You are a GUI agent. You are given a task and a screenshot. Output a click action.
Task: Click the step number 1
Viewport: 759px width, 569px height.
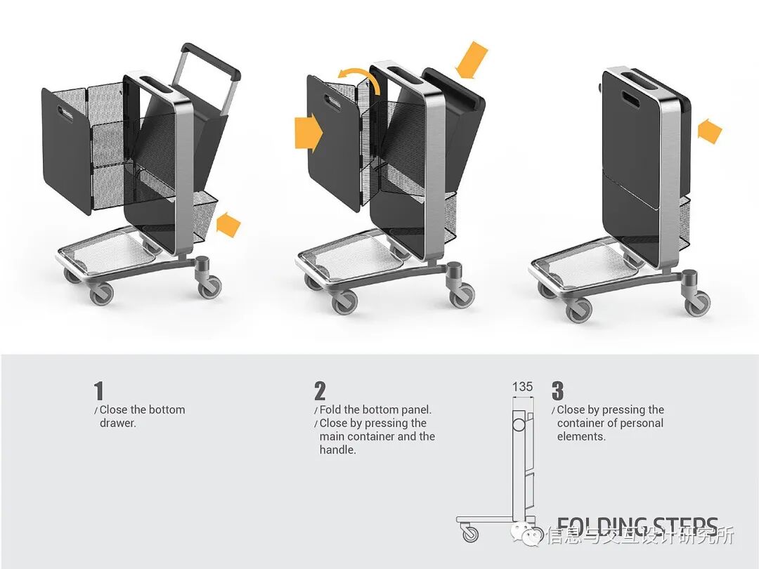click(x=98, y=391)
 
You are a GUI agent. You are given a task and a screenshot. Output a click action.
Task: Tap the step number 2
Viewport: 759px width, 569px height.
click(x=320, y=391)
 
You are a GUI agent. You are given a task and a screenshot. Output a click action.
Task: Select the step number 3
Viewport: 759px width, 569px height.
click(x=557, y=391)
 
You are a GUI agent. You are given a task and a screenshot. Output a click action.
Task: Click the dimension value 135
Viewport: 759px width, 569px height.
click(x=522, y=386)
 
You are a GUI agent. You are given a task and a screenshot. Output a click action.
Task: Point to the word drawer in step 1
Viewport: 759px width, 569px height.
click(x=117, y=423)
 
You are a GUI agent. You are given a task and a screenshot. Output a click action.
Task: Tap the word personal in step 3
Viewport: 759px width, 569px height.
click(x=639, y=423)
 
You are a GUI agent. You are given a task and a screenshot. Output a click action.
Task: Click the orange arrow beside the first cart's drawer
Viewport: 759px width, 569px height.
click(x=229, y=225)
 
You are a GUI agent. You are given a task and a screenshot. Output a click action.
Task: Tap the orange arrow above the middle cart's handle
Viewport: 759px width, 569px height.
click(x=471, y=59)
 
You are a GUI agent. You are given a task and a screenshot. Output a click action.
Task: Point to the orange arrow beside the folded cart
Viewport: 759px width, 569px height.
click(x=710, y=131)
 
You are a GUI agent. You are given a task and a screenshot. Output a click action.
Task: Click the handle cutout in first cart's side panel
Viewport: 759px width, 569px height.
click(x=71, y=115)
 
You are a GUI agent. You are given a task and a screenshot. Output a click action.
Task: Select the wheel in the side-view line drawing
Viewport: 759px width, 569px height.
click(x=470, y=533)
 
